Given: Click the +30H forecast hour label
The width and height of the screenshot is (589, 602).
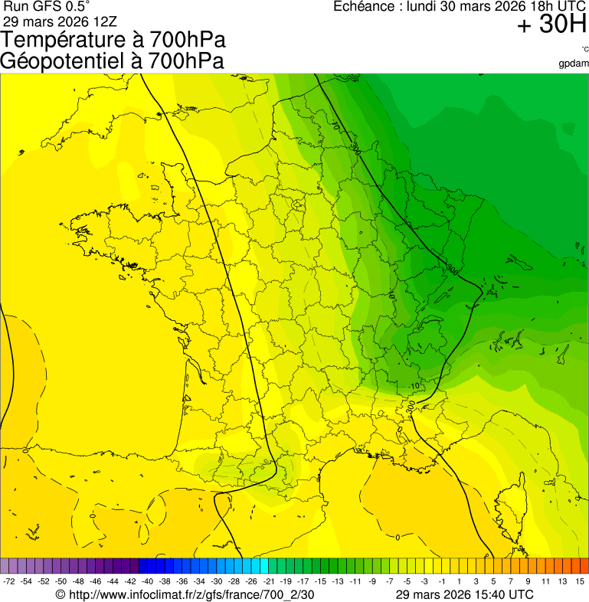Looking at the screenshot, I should [551, 25].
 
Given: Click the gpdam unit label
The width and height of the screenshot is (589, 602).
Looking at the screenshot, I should [574, 64].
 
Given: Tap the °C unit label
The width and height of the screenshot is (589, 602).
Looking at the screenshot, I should [584, 49].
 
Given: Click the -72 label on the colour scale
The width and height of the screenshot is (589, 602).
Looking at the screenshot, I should [9, 581].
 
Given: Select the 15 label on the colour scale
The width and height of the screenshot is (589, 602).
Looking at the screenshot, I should [581, 581].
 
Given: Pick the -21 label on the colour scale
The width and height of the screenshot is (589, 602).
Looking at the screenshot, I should [269, 581].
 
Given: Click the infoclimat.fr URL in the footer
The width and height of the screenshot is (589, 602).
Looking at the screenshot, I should [191, 594].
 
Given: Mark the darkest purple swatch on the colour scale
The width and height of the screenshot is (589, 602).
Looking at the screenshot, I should [130, 566].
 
